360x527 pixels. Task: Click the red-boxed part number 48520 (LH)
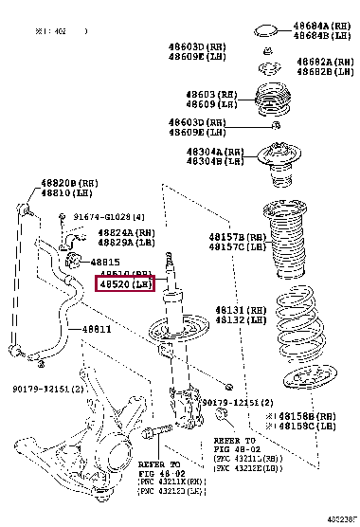tap(125, 283)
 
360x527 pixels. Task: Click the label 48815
tap(106, 262)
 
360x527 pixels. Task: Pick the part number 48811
tap(96, 329)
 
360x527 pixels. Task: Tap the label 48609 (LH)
tap(213, 104)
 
